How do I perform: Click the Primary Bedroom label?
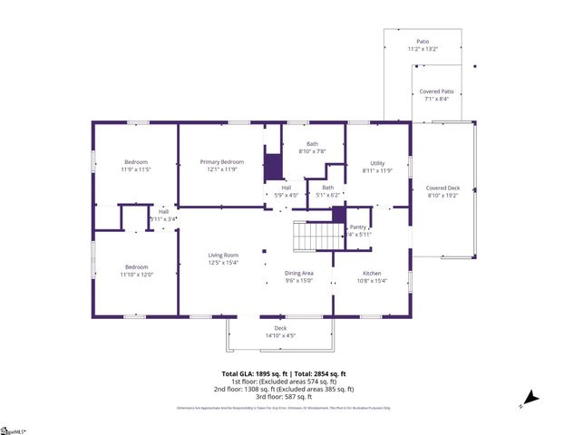222,161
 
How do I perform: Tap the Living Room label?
223,256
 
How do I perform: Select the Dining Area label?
299,273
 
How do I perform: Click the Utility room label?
377,163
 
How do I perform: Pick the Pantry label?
359,227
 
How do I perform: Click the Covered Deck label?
443,188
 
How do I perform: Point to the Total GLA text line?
284,374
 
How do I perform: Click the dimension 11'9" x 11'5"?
136,169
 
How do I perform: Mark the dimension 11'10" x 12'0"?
136,275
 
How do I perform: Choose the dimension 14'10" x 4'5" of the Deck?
280,336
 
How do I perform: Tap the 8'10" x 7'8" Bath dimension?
312,151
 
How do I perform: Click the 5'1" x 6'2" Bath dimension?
327,195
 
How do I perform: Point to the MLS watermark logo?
14,428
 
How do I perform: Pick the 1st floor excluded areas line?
284,382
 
